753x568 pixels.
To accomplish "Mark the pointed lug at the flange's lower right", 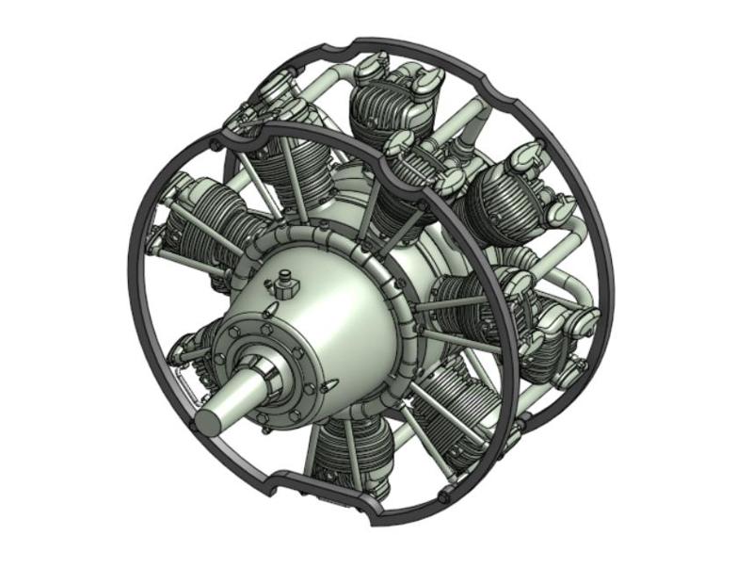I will pos(327,386).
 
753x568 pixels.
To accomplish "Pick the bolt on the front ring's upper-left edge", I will pos(217,145).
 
